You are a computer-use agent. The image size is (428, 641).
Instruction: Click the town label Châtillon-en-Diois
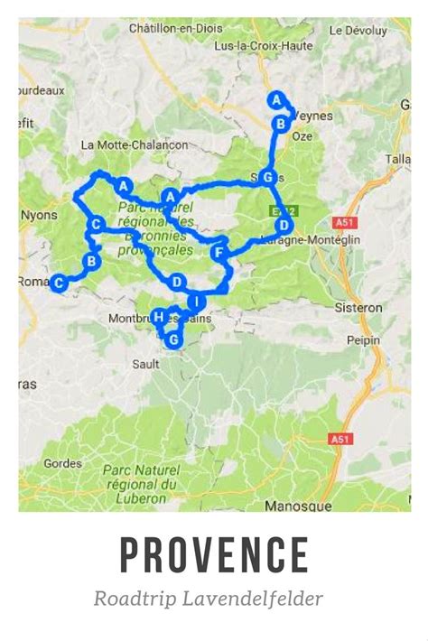(176, 28)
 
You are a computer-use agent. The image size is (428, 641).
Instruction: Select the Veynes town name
(312, 116)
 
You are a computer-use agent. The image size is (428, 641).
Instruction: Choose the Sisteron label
(360, 307)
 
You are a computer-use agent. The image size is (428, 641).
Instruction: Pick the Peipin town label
(364, 341)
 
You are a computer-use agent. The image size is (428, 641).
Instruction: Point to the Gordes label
(62, 463)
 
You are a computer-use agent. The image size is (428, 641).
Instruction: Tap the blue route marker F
(218, 254)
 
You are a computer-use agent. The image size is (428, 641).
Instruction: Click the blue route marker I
(196, 301)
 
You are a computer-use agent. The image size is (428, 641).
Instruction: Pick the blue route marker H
(159, 317)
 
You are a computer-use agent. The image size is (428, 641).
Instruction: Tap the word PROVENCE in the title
(214, 554)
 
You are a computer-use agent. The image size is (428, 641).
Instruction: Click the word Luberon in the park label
(147, 497)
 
